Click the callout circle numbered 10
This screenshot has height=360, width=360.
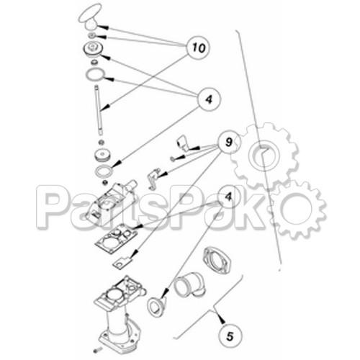pos(199,48)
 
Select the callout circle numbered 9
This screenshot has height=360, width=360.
pos(229,142)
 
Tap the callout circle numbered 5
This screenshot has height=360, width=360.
pos(230,336)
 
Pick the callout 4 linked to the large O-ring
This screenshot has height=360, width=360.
pos(209,99)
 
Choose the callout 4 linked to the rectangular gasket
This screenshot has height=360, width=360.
pos(228,197)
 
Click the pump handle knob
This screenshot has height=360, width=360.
pos(89,17)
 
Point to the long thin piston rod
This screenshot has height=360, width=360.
pos(99,110)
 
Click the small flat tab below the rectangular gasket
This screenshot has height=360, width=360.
pos(122,261)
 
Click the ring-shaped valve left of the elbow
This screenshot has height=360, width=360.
pos(156,307)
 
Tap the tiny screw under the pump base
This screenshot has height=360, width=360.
pos(98,350)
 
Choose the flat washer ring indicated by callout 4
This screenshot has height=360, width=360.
pos(104,172)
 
